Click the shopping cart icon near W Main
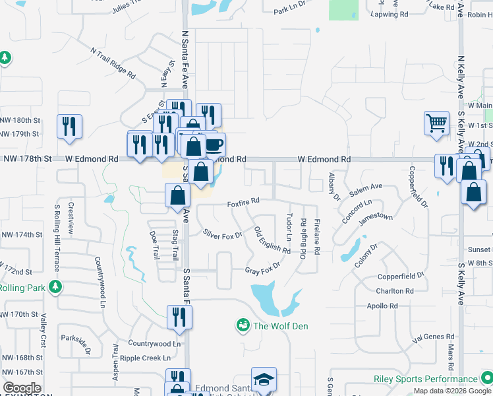[x=437, y=123]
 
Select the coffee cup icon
[x=214, y=145]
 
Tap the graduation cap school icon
[x=264, y=380]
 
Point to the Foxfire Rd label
[x=243, y=200]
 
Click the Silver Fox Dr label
[x=223, y=234]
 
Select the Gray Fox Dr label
[x=262, y=269]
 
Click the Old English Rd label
[x=272, y=241]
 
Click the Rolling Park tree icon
[x=56, y=286]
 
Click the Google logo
[x=22, y=388]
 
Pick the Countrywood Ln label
[x=154, y=344]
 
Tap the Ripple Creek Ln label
[x=149, y=358]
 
